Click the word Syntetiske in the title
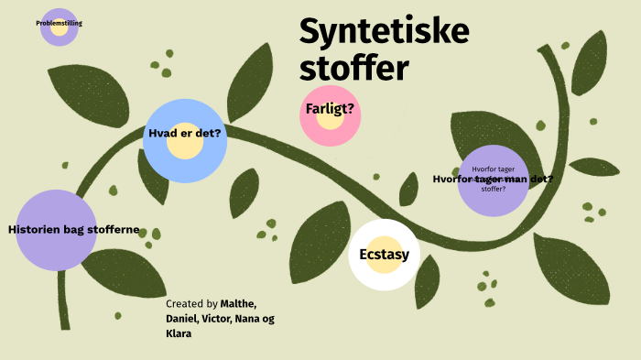[384, 34]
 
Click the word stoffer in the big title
[354, 69]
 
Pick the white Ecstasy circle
[384, 255]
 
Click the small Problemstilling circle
[59, 27]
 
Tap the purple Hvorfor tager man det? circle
[493, 180]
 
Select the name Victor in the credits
[218, 319]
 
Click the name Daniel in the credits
[181, 319]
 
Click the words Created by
[191, 303]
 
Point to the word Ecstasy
[384, 255]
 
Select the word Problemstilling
[59, 22]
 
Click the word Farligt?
[330, 110]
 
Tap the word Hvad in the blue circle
[162, 133]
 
